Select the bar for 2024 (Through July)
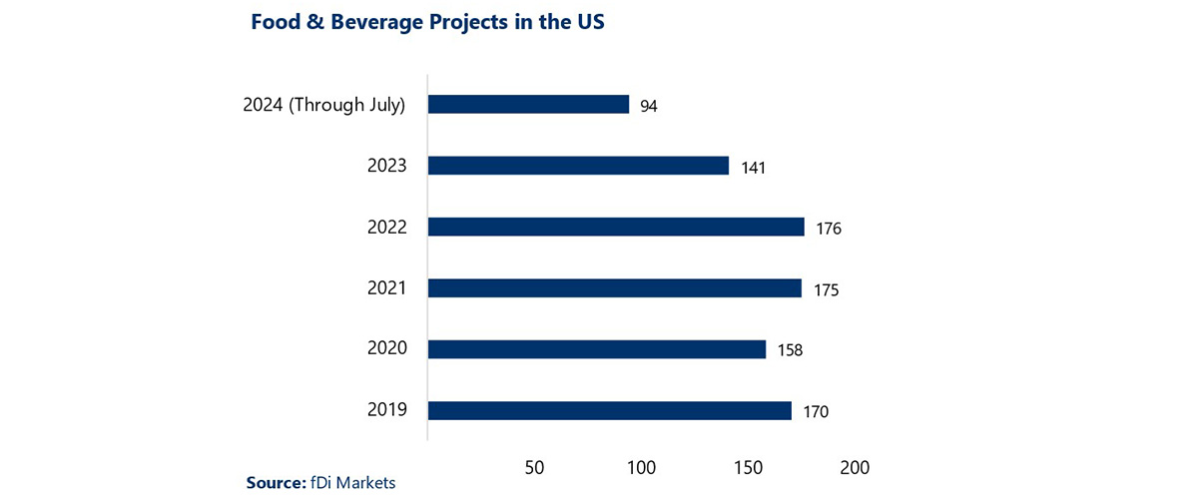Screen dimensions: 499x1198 click(x=528, y=105)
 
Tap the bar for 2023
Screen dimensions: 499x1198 click(x=578, y=166)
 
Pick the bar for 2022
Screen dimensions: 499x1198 click(x=616, y=227)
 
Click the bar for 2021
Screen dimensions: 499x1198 click(x=615, y=287)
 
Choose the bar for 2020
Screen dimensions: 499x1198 click(x=597, y=349)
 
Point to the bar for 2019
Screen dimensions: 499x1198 click(x=609, y=410)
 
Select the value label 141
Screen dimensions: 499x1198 click(x=753, y=168)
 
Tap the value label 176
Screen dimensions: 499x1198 click(x=829, y=229)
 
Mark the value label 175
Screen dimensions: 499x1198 click(x=826, y=290)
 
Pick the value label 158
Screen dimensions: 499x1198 click(x=790, y=351)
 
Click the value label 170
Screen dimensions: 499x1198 click(x=815, y=412)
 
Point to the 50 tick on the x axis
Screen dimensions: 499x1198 click(x=534, y=467)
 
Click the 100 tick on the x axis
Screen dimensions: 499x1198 click(x=641, y=467)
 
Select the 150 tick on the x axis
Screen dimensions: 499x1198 click(x=748, y=467)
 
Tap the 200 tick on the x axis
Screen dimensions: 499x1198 click(x=855, y=467)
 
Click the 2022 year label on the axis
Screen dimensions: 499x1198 click(x=386, y=228)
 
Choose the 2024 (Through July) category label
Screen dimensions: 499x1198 click(x=324, y=105)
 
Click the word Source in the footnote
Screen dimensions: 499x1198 click(x=274, y=483)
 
